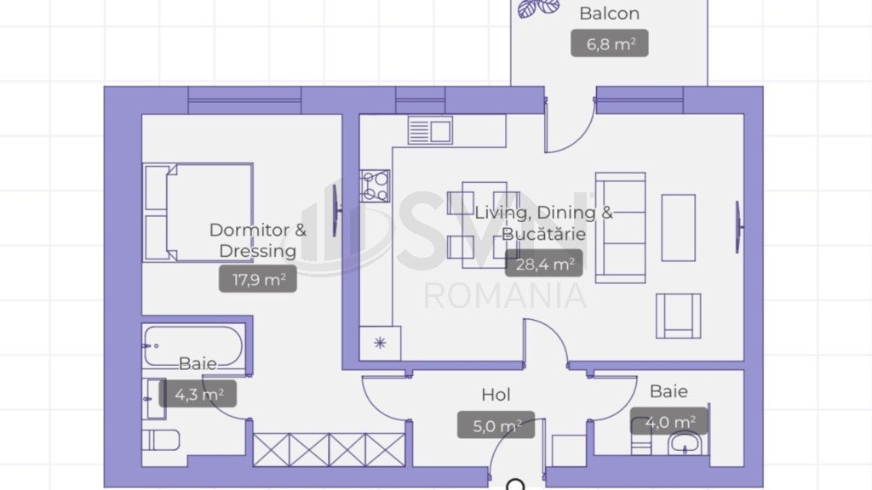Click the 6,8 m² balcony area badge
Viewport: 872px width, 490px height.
(610, 43)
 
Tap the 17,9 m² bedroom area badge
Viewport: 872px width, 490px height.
(257, 279)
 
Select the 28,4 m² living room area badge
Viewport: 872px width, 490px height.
(544, 264)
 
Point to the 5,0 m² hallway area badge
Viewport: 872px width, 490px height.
(496, 425)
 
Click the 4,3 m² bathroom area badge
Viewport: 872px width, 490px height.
(198, 394)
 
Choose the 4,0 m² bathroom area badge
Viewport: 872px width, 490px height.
(669, 422)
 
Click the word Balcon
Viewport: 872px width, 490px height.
(610, 14)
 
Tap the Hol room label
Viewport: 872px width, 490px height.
(496, 395)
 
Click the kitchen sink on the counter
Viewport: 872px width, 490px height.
(430, 130)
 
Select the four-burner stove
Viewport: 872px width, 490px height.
(375, 186)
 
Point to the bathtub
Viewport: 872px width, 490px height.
(193, 345)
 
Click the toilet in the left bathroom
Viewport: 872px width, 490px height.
(161, 441)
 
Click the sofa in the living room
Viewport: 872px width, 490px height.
(621, 228)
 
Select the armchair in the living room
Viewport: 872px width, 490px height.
(679, 316)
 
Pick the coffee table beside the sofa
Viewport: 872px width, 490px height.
(679, 228)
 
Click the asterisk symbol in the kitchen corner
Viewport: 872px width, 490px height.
(381, 343)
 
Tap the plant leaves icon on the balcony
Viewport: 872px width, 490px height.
(538, 8)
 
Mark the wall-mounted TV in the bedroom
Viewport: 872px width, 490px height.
(336, 210)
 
